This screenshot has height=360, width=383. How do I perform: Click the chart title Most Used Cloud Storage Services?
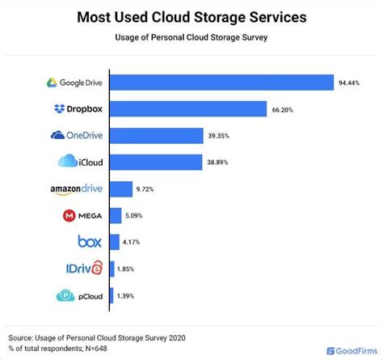pos(191,16)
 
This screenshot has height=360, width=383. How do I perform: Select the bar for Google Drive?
pos(221,83)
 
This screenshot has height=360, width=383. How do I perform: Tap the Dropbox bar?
pos(188,109)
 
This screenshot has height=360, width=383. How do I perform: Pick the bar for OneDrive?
pos(156,135)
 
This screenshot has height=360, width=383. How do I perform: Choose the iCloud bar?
pos(156,162)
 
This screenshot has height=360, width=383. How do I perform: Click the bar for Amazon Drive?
pos(120,189)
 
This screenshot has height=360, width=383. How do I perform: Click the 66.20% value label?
pos(285,109)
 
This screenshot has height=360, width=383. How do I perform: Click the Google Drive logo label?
pos(74,83)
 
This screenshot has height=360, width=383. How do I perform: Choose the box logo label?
pos(88,242)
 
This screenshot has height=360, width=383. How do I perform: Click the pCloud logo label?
pos(78,296)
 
